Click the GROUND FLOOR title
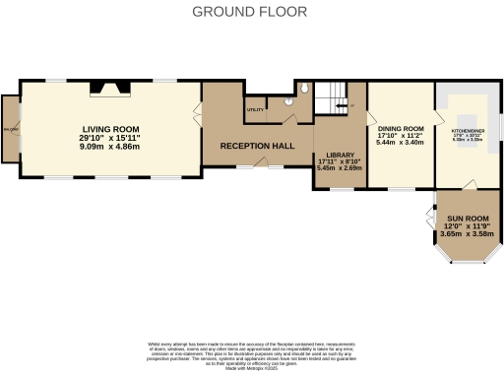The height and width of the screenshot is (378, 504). tap(249, 12)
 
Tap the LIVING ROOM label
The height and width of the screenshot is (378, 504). tap(110, 129)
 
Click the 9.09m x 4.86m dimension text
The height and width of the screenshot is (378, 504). tap(110, 146)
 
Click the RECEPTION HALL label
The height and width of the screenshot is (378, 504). tap(257, 146)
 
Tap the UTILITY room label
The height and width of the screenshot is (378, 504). tap(255, 109)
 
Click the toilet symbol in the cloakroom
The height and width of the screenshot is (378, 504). tap(305, 89)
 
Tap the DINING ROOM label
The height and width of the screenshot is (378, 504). tap(401, 128)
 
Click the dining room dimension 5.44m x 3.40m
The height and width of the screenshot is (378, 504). tap(401, 142)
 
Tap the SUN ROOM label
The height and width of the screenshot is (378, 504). tap(468, 218)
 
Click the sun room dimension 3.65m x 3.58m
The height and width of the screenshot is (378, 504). tap(468, 233)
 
